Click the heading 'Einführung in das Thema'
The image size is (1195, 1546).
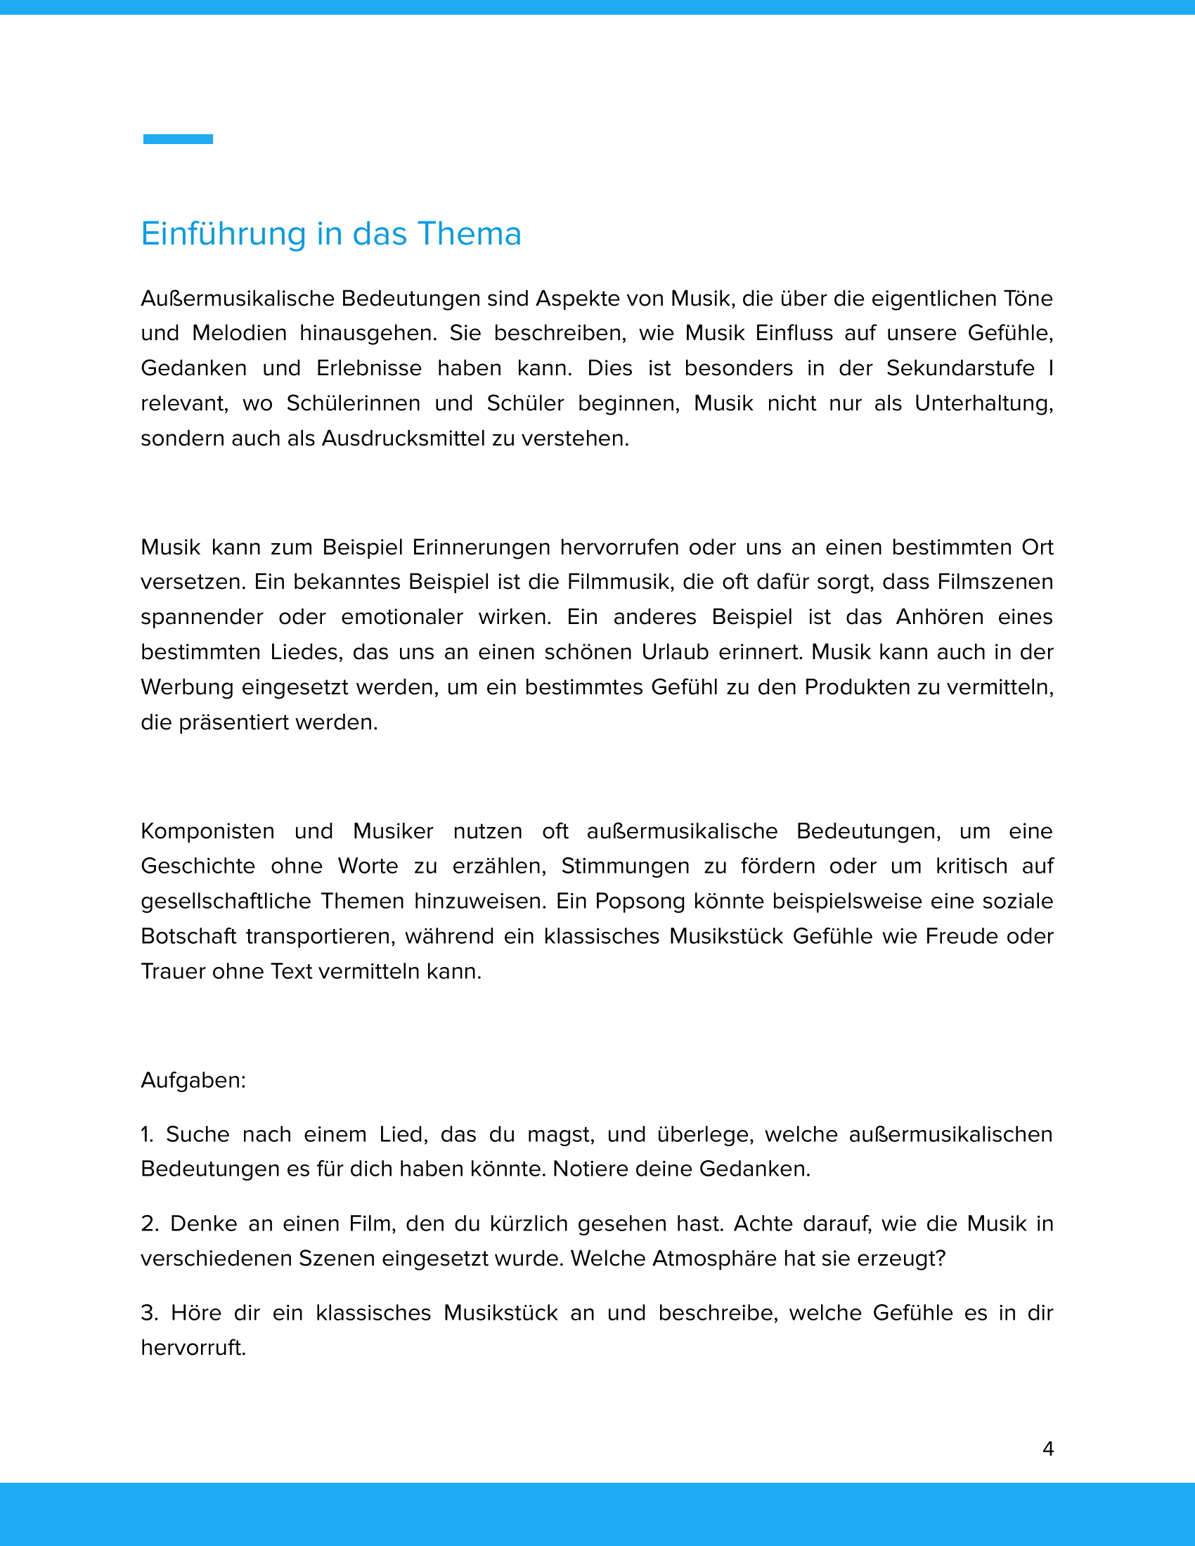pos(330,233)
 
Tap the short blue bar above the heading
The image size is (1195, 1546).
pos(178,138)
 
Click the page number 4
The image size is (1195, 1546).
pos(1048,1448)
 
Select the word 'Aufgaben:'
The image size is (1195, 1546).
pos(193,1080)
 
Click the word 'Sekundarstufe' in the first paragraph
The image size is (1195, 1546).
pos(960,368)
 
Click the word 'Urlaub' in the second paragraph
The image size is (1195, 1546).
pos(675,652)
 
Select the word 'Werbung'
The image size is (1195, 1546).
pos(187,687)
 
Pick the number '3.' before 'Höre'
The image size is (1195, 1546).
pos(149,1313)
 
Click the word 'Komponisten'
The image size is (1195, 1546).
pos(207,831)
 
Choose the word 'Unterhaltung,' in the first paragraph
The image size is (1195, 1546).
pos(983,403)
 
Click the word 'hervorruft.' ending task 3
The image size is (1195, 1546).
pos(193,1348)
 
